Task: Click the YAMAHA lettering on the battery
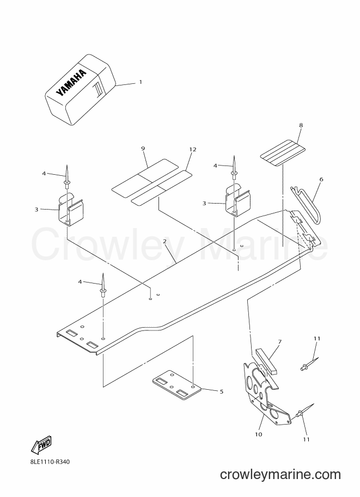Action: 71,82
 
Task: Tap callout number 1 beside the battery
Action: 141,82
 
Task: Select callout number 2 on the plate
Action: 164,242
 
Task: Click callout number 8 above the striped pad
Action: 301,125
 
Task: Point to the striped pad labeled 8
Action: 283,152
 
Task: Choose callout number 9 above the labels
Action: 143,149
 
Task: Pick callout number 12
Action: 193,149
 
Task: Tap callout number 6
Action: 321,180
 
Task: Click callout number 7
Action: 279,342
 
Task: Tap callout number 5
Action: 222,392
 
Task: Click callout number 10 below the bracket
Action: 259,434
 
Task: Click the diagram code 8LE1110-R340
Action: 48,462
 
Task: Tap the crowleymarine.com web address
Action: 280,475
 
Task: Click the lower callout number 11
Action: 306,439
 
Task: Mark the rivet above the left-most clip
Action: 67,176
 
